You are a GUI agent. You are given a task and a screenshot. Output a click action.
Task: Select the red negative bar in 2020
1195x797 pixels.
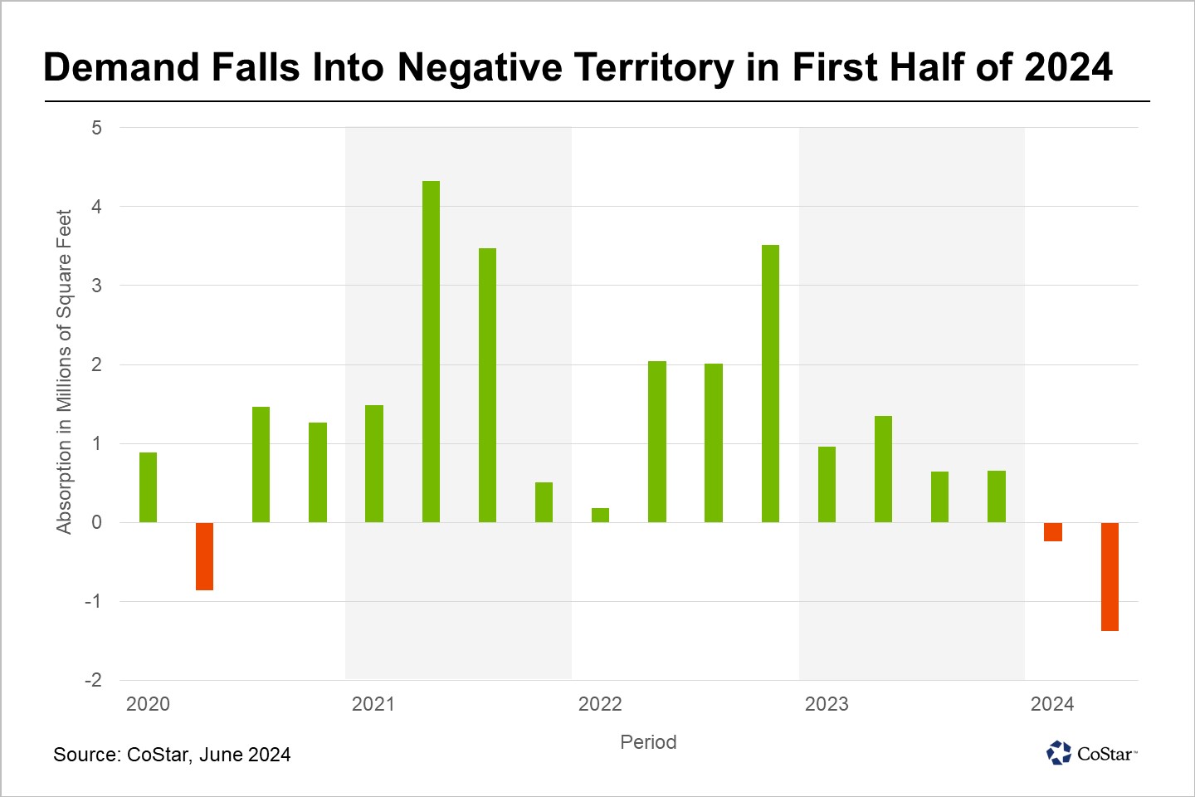coord(204,556)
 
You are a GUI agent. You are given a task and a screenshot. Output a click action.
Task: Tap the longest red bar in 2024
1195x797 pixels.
coord(1110,576)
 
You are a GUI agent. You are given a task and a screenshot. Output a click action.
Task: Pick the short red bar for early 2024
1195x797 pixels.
coord(1053,532)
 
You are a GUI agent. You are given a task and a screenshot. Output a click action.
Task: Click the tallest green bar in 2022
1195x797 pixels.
coord(770,384)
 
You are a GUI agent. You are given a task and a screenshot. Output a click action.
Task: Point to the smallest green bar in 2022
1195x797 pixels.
coord(600,515)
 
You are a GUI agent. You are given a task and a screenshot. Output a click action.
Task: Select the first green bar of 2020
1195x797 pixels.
coord(148,487)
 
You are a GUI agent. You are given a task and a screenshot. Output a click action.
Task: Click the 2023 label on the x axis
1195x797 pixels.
coord(827,704)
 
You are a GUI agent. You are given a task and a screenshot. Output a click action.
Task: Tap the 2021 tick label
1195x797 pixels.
coord(373,704)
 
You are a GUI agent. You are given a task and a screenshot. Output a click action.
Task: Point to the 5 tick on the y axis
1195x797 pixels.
coord(97,128)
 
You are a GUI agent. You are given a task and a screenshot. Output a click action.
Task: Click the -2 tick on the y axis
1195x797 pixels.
coord(93,680)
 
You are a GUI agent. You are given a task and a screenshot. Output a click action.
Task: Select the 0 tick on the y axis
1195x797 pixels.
coord(97,522)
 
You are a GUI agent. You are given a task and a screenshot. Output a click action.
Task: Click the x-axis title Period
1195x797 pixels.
coord(648,742)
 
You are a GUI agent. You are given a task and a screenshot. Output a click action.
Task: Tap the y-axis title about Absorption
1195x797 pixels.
coord(64,371)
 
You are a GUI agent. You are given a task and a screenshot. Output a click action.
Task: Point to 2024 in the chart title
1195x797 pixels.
coord(1068,67)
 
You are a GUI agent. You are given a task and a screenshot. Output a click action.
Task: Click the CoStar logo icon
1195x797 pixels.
coord(1059,753)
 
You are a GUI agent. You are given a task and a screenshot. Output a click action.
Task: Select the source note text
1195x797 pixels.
coord(172,755)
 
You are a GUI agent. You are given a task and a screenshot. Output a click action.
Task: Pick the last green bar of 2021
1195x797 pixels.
coord(544,502)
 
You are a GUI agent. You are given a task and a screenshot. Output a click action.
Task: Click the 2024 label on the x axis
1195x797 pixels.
coord(1052,704)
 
